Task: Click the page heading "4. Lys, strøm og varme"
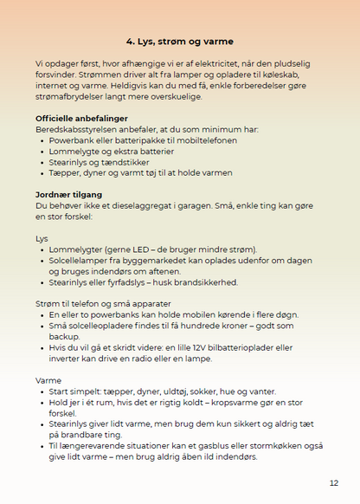(x=179, y=41)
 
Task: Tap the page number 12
(x=333, y=483)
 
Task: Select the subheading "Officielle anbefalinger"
(x=81, y=118)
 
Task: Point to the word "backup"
(x=65, y=336)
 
